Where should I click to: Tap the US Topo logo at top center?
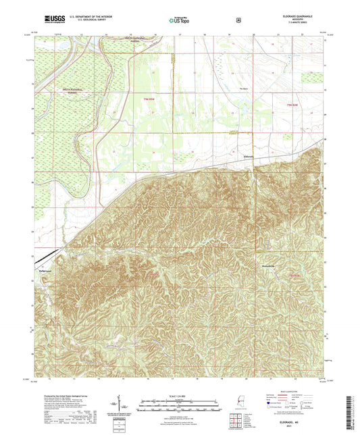[x=179, y=21]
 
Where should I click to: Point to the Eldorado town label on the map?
[x=247, y=157]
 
